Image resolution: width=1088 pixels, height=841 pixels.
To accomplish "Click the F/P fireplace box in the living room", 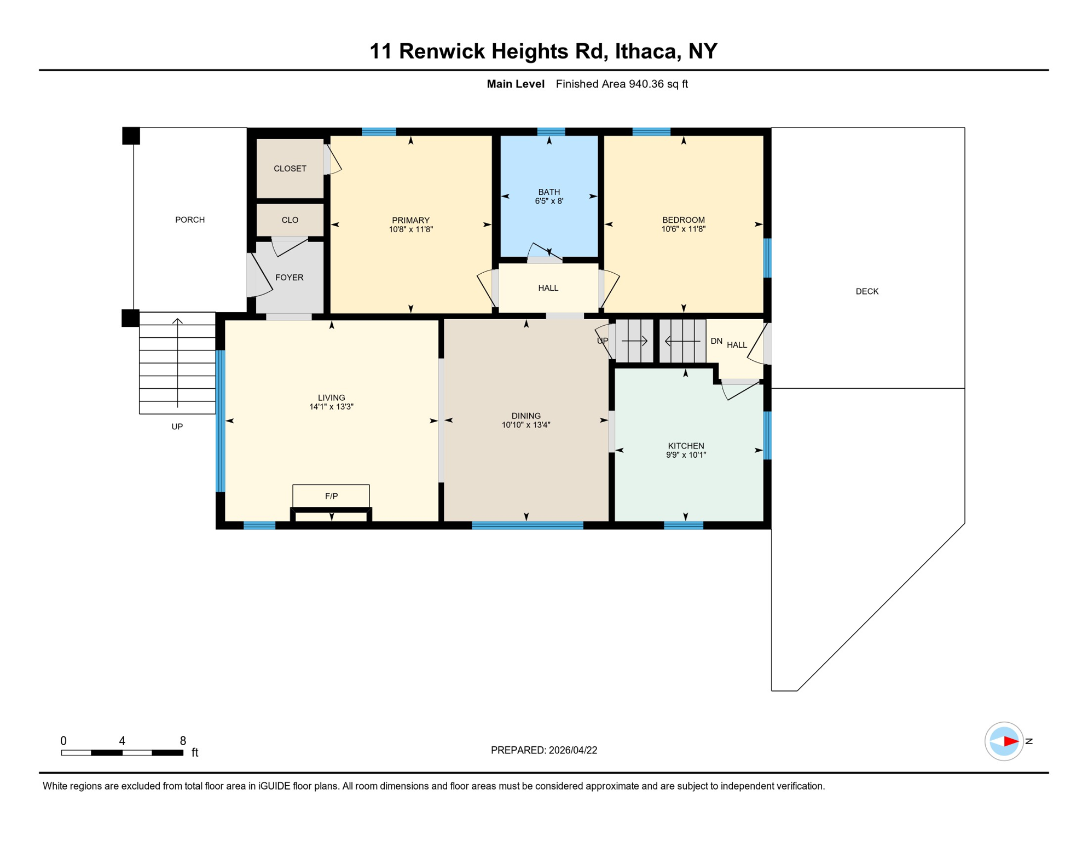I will coord(331,496).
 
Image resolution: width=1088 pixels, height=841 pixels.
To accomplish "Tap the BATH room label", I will coord(548,192).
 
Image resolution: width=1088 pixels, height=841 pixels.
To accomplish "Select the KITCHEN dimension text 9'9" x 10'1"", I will coord(686,455).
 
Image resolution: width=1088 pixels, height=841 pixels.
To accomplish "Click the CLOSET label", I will coord(290,169).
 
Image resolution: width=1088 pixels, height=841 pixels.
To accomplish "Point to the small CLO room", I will coord(290,220).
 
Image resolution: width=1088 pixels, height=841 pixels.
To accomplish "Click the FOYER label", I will coord(289,278).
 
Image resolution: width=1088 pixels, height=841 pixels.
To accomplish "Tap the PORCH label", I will coord(190,220).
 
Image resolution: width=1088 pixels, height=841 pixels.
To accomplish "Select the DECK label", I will coord(867,291).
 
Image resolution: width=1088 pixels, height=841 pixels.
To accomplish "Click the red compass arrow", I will coord(1010,741).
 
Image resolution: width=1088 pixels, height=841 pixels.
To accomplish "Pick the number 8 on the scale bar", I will coord(183,741).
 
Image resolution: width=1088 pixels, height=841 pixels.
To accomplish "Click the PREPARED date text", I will coord(543,750).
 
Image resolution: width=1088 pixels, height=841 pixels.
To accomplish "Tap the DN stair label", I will coord(716,341).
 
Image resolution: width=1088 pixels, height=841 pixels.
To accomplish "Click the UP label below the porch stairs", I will coord(177,427).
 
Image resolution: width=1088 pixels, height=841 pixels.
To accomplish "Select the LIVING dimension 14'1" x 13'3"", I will coord(331,407).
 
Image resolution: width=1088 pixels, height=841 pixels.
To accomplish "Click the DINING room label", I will coord(526,416).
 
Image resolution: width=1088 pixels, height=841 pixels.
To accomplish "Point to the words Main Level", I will coord(515,84).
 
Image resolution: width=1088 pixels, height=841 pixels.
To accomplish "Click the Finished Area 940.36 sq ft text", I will coord(621,84).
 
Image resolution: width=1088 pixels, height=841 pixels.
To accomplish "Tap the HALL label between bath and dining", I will coord(548,288).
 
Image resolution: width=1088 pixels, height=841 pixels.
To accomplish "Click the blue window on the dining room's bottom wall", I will coord(527,526).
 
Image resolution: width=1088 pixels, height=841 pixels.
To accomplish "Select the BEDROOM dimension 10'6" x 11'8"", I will coord(683,229).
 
